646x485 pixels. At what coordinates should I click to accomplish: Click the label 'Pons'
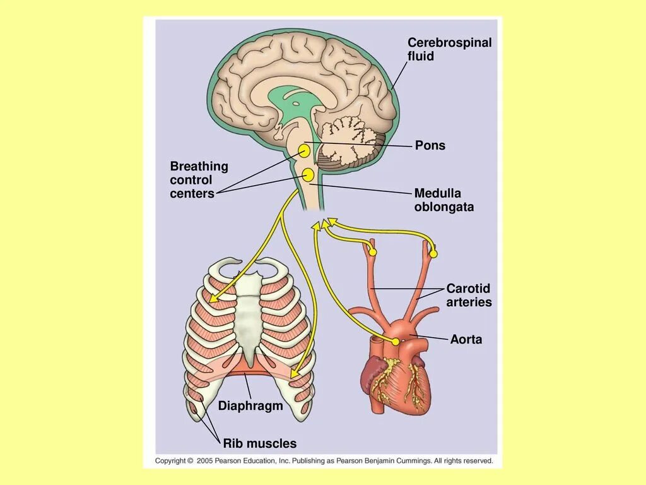430,146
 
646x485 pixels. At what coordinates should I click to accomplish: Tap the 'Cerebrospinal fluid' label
449,49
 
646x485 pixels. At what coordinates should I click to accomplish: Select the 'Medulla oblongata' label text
443,200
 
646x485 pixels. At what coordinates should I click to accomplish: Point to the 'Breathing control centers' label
199,180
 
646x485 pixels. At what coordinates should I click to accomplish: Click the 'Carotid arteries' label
469,296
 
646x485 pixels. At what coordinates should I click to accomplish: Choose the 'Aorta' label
466,340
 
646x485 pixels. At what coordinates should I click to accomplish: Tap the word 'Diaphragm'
250,406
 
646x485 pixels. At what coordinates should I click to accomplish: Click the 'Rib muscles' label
259,444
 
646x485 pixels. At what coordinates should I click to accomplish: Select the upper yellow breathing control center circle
304,150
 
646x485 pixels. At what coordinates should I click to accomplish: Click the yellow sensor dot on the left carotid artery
372,253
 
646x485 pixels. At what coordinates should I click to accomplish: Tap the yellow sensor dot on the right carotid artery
433,254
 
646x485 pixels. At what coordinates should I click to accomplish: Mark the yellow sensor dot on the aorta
396,342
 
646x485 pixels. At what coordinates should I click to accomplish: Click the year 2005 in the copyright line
206,461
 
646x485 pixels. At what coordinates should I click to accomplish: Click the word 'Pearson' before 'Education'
232,461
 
